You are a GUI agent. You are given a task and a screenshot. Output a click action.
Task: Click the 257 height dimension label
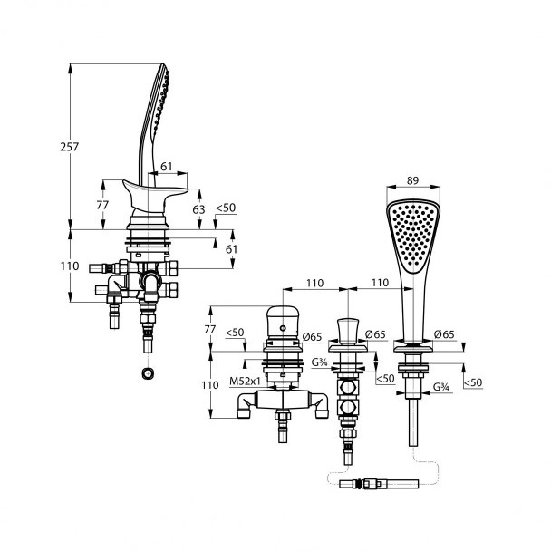(x=70, y=147)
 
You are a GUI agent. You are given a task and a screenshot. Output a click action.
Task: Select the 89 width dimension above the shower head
(x=413, y=180)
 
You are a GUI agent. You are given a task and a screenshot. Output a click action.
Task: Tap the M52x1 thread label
(x=246, y=381)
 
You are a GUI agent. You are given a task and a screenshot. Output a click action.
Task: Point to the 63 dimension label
(x=198, y=209)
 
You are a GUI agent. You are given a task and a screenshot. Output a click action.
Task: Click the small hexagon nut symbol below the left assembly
(x=148, y=372)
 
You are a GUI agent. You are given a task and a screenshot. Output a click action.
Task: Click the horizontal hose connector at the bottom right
(x=379, y=484)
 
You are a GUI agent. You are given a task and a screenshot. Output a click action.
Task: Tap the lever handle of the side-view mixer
(x=155, y=195)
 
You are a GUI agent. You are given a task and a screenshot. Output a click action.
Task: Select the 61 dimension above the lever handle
(x=166, y=166)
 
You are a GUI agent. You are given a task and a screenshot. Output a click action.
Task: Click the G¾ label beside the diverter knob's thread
(x=320, y=362)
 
